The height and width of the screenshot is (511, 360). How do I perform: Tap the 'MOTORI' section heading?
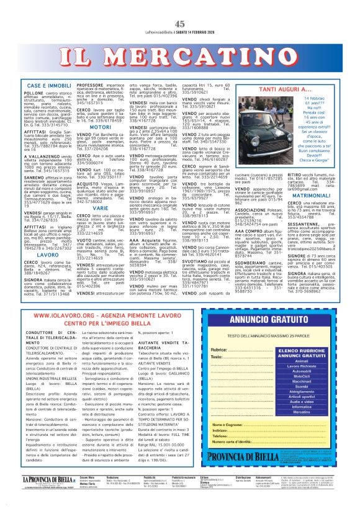point(101,127)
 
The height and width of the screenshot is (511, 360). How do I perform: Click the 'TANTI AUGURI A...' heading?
point(284,89)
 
